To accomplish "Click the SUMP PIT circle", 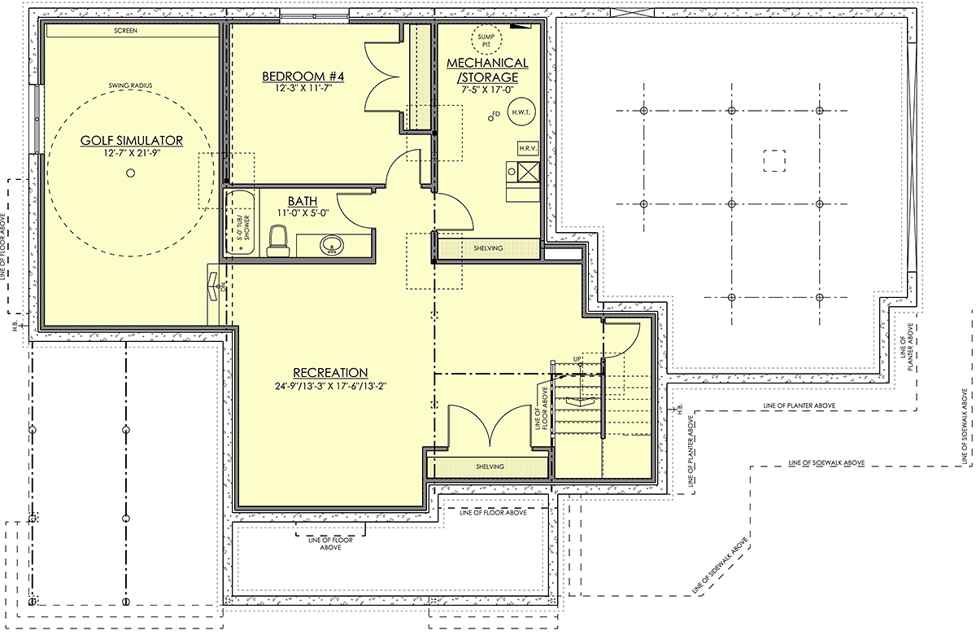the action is click(486, 40).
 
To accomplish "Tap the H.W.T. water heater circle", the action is click(521, 112).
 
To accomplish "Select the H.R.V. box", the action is click(528, 148).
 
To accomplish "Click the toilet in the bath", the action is click(278, 241).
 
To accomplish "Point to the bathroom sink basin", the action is click(332, 245).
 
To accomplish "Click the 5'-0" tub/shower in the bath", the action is click(240, 223).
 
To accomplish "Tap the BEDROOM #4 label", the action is click(303, 77).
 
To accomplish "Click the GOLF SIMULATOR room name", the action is click(132, 140).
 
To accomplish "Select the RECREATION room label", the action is click(330, 373).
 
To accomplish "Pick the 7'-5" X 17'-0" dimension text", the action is click(488, 90).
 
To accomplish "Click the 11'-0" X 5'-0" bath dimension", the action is click(303, 212).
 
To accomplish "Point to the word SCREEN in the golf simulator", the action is click(125, 31).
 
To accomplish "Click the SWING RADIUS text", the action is click(130, 85).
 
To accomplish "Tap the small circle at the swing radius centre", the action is click(130, 173).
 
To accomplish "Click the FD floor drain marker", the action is click(494, 116).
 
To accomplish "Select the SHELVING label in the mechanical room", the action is click(489, 248).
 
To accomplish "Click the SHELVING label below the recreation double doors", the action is click(490, 466).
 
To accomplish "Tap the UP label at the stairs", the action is click(577, 359).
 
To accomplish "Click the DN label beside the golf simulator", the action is click(223, 287).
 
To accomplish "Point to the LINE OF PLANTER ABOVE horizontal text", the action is click(799, 405).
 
